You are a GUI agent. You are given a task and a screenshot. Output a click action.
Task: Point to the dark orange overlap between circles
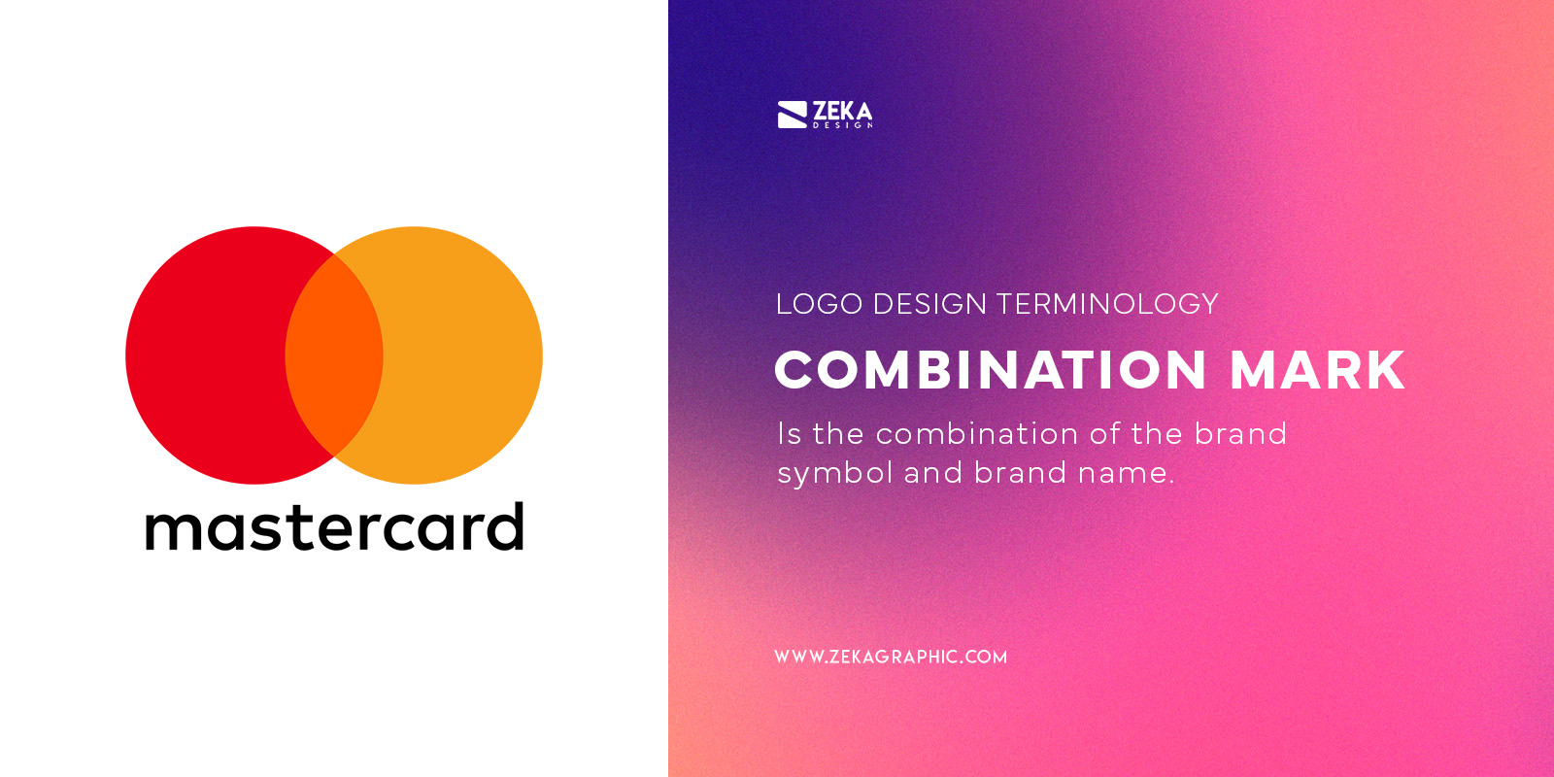(334, 355)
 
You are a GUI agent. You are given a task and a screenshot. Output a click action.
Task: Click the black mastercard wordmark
(334, 527)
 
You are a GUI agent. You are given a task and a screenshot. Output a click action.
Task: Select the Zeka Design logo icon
(792, 115)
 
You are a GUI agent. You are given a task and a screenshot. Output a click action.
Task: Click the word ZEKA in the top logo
(842, 110)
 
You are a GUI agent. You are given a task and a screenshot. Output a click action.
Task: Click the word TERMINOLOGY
(1107, 305)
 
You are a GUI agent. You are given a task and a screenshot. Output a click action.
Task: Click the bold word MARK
(1317, 371)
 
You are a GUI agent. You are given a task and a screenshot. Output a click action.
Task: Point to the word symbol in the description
(834, 474)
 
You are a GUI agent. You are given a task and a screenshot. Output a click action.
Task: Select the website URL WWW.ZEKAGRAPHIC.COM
(891, 657)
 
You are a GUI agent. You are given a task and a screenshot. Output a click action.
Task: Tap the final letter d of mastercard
(505, 527)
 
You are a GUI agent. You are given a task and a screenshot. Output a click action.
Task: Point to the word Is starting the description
(789, 434)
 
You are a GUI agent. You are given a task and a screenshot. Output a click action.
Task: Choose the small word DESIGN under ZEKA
(843, 125)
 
